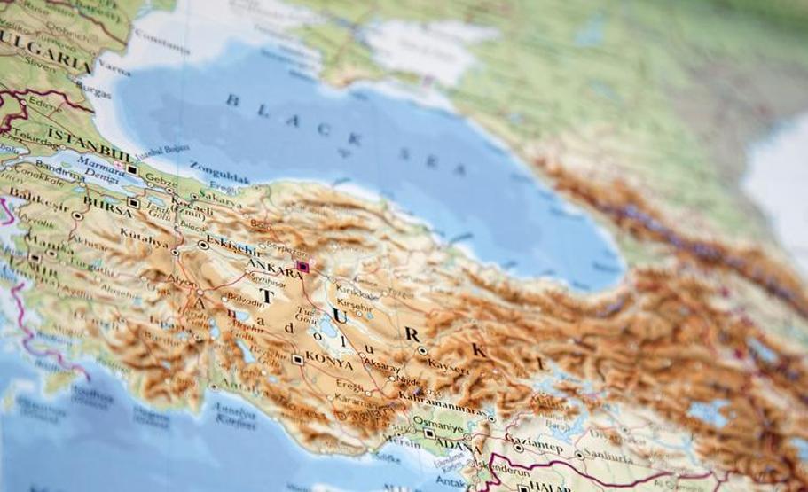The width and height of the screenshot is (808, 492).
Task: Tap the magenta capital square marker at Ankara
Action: point(302,266)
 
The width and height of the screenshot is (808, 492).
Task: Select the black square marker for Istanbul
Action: point(132,168)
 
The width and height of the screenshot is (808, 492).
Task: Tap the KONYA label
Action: point(328,363)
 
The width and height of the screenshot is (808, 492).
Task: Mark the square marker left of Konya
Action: point(297,359)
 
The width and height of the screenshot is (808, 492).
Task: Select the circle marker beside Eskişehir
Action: point(204,245)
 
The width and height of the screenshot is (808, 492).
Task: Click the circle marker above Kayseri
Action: point(422,351)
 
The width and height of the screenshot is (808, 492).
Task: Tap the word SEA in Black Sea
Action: point(432,161)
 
